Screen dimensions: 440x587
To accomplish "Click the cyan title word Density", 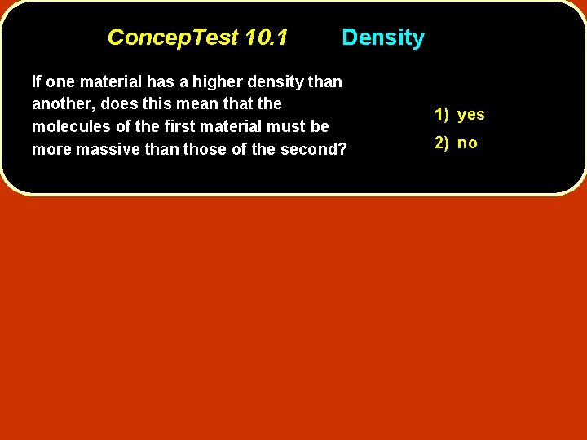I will (382, 37).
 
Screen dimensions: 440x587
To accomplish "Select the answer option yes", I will (471, 114).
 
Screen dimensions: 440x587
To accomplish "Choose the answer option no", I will (467, 143).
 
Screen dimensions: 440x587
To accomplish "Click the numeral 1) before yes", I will (442, 114).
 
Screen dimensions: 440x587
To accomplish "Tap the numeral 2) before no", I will (442, 143).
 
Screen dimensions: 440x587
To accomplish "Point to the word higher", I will (218, 81).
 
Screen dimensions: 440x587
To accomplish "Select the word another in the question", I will (62, 104).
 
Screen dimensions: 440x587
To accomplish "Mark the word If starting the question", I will (37, 81).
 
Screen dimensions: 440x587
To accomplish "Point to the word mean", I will (192, 104).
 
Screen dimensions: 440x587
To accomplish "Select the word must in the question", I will (289, 126).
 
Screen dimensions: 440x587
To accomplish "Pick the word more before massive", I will (51, 149).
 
